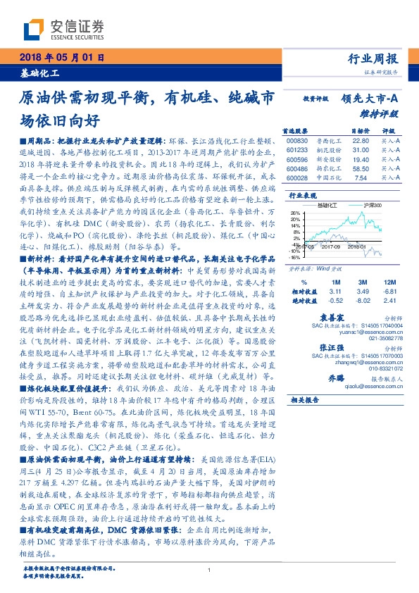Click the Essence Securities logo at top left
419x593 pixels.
point(63,30)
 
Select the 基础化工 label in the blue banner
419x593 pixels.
point(39,73)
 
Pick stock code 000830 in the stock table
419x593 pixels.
point(298,141)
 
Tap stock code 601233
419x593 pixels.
point(298,150)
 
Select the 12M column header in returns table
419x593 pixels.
point(385,281)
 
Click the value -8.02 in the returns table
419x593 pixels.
point(363,299)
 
